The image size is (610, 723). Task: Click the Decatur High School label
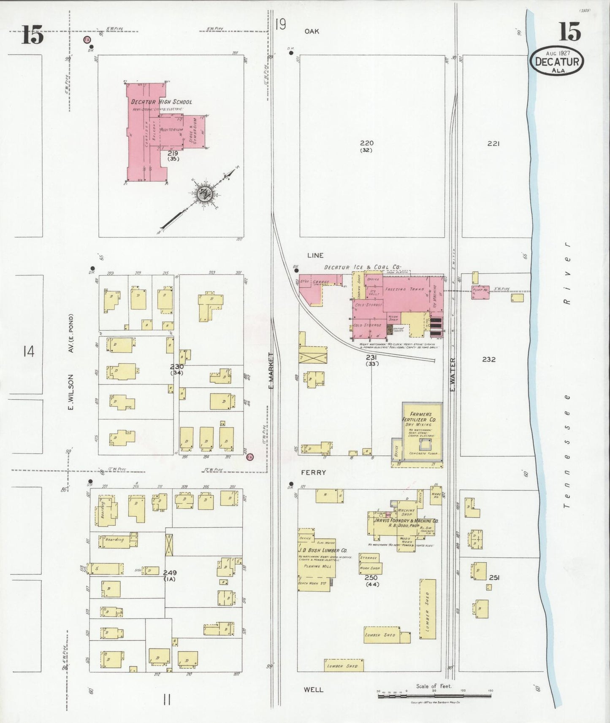pyautogui.click(x=161, y=102)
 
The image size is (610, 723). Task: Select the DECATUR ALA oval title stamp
pyautogui.click(x=557, y=62)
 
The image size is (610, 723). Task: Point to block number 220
pyautogui.click(x=367, y=143)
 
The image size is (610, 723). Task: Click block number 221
pyautogui.click(x=493, y=143)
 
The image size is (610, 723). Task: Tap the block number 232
pyautogui.click(x=488, y=359)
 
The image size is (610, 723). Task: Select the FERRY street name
pyautogui.click(x=313, y=472)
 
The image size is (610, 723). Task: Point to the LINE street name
pyautogui.click(x=315, y=255)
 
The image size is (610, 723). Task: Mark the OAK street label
pyautogui.click(x=312, y=31)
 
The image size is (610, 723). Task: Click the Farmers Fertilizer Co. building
pyautogui.click(x=422, y=430)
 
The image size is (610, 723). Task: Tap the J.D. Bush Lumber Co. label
pyautogui.click(x=323, y=550)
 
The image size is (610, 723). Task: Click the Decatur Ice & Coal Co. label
pyautogui.click(x=362, y=267)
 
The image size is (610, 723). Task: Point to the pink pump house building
pyautogui.click(x=480, y=291)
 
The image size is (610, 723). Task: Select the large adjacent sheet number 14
pyautogui.click(x=29, y=351)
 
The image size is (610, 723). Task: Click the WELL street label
pyautogui.click(x=313, y=690)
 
